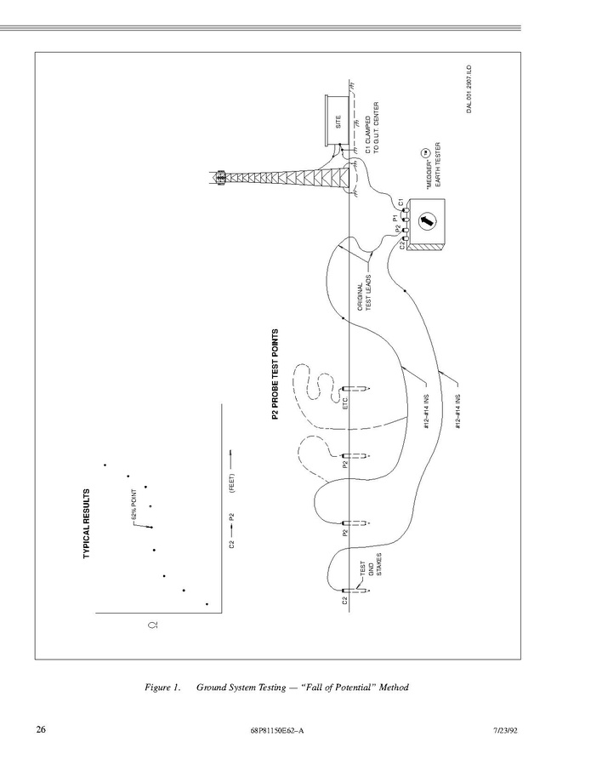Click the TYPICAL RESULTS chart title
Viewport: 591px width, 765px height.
point(87,523)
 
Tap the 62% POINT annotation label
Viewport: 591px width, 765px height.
point(134,505)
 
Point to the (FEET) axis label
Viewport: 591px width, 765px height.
point(232,483)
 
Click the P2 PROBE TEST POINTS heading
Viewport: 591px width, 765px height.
point(275,374)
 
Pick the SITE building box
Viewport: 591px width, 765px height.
point(338,121)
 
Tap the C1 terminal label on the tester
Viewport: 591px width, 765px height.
point(400,202)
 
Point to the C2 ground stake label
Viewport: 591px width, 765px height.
point(345,600)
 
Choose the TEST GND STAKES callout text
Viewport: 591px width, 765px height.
point(371,564)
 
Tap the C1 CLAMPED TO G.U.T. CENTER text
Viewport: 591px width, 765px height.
point(372,128)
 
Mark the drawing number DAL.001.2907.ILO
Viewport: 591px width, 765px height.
point(469,89)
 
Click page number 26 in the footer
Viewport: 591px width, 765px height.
point(41,729)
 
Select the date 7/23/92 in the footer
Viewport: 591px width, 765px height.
point(505,730)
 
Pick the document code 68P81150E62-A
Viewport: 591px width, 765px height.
point(277,730)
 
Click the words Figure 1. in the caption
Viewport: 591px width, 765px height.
point(163,688)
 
